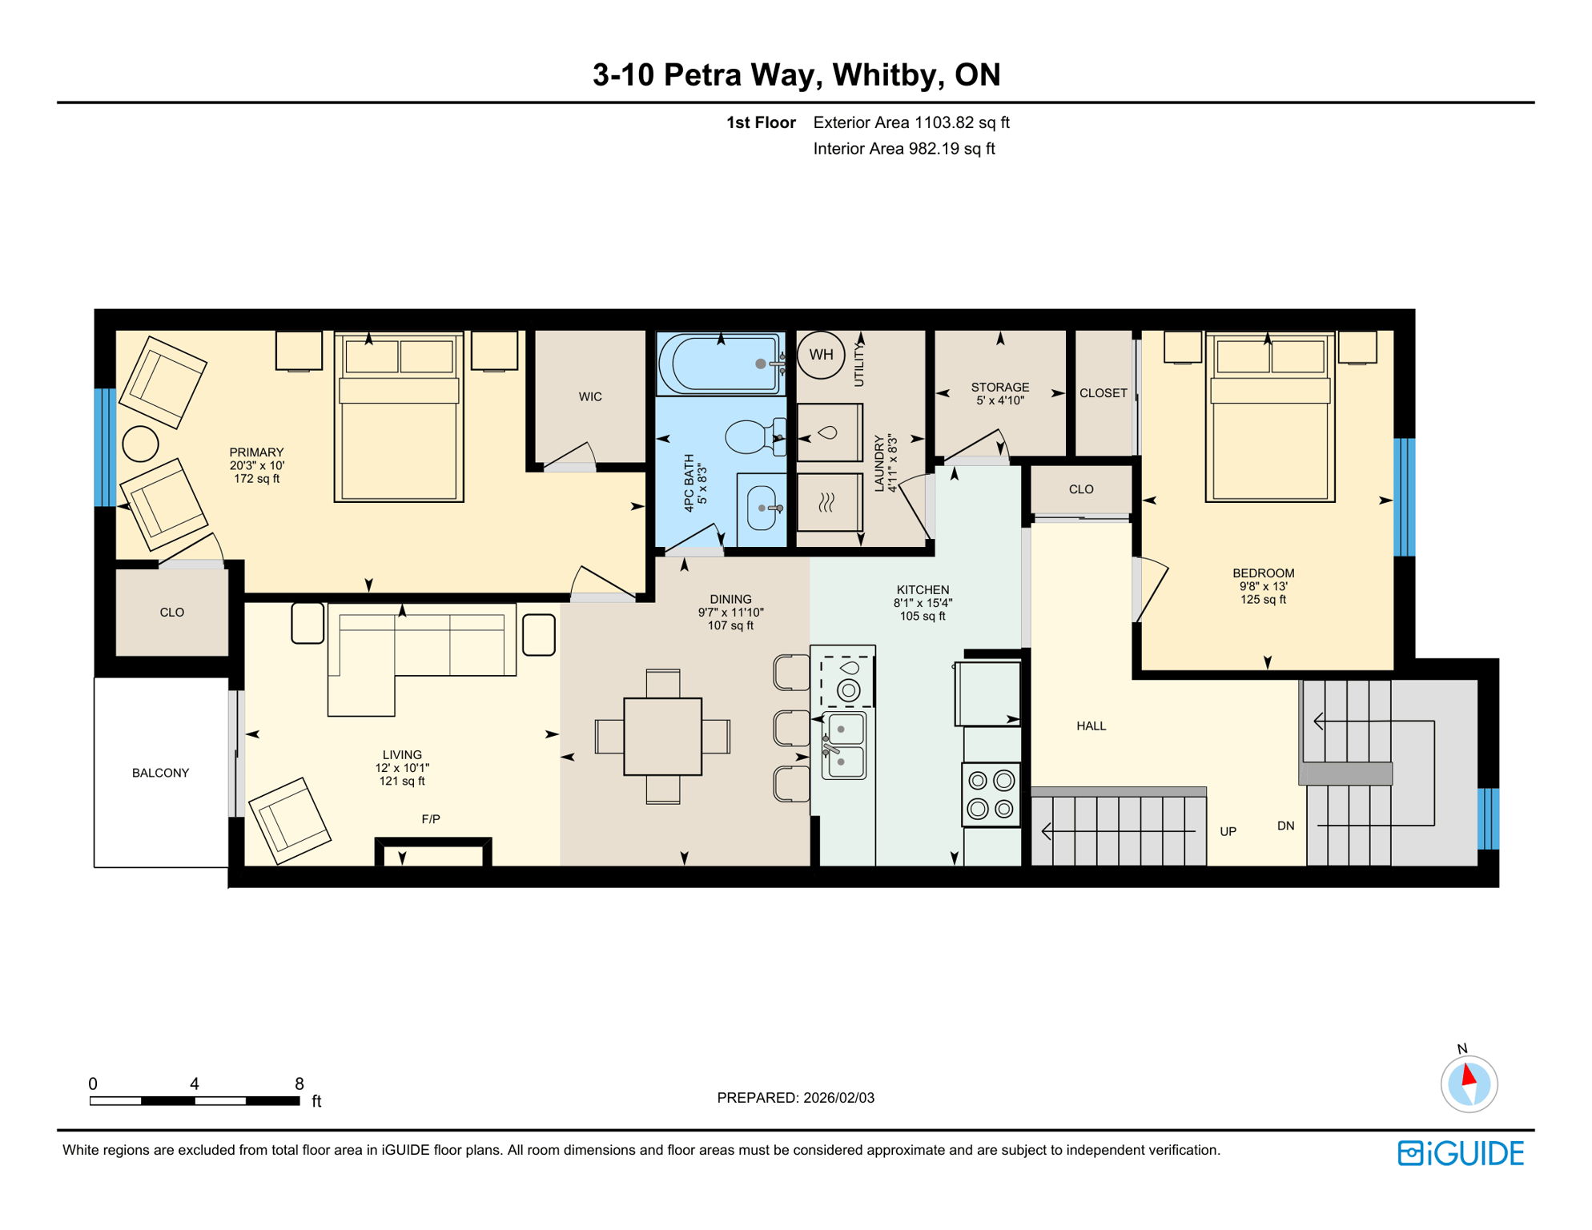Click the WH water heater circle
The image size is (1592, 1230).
pyautogui.click(x=821, y=355)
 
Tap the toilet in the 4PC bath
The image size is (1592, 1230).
pyautogui.click(x=751, y=437)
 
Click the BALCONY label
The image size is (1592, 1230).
pyautogui.click(x=160, y=773)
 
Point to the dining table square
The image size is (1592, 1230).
pyautogui.click(x=662, y=737)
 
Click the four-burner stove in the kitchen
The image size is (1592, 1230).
pyautogui.click(x=991, y=794)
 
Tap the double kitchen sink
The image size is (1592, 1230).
pyautogui.click(x=844, y=746)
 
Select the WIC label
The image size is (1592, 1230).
pyautogui.click(x=590, y=397)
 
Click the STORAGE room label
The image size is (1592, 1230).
pyautogui.click(x=999, y=388)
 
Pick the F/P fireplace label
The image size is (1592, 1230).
pyautogui.click(x=431, y=819)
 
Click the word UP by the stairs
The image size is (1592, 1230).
pyautogui.click(x=1228, y=832)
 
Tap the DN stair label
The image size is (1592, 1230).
pyautogui.click(x=1285, y=826)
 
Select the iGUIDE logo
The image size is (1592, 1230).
pyautogui.click(x=1461, y=1153)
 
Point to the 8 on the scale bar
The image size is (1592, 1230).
pyautogui.click(x=300, y=1083)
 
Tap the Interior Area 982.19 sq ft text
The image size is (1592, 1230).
pyautogui.click(x=903, y=149)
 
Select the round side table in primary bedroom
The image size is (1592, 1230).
pyautogui.click(x=140, y=444)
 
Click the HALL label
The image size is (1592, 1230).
pyautogui.click(x=1091, y=726)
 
